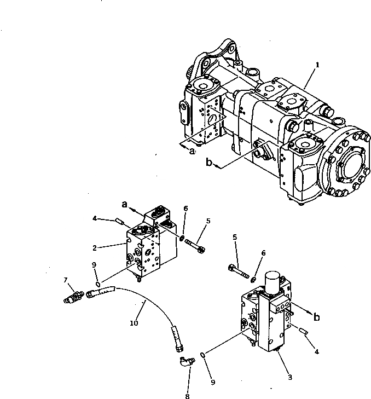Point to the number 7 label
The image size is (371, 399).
pos(66,280)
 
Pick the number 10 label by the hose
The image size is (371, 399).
pos(134,323)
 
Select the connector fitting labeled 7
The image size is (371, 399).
pos(74,297)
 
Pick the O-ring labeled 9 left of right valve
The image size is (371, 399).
pos(203,355)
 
